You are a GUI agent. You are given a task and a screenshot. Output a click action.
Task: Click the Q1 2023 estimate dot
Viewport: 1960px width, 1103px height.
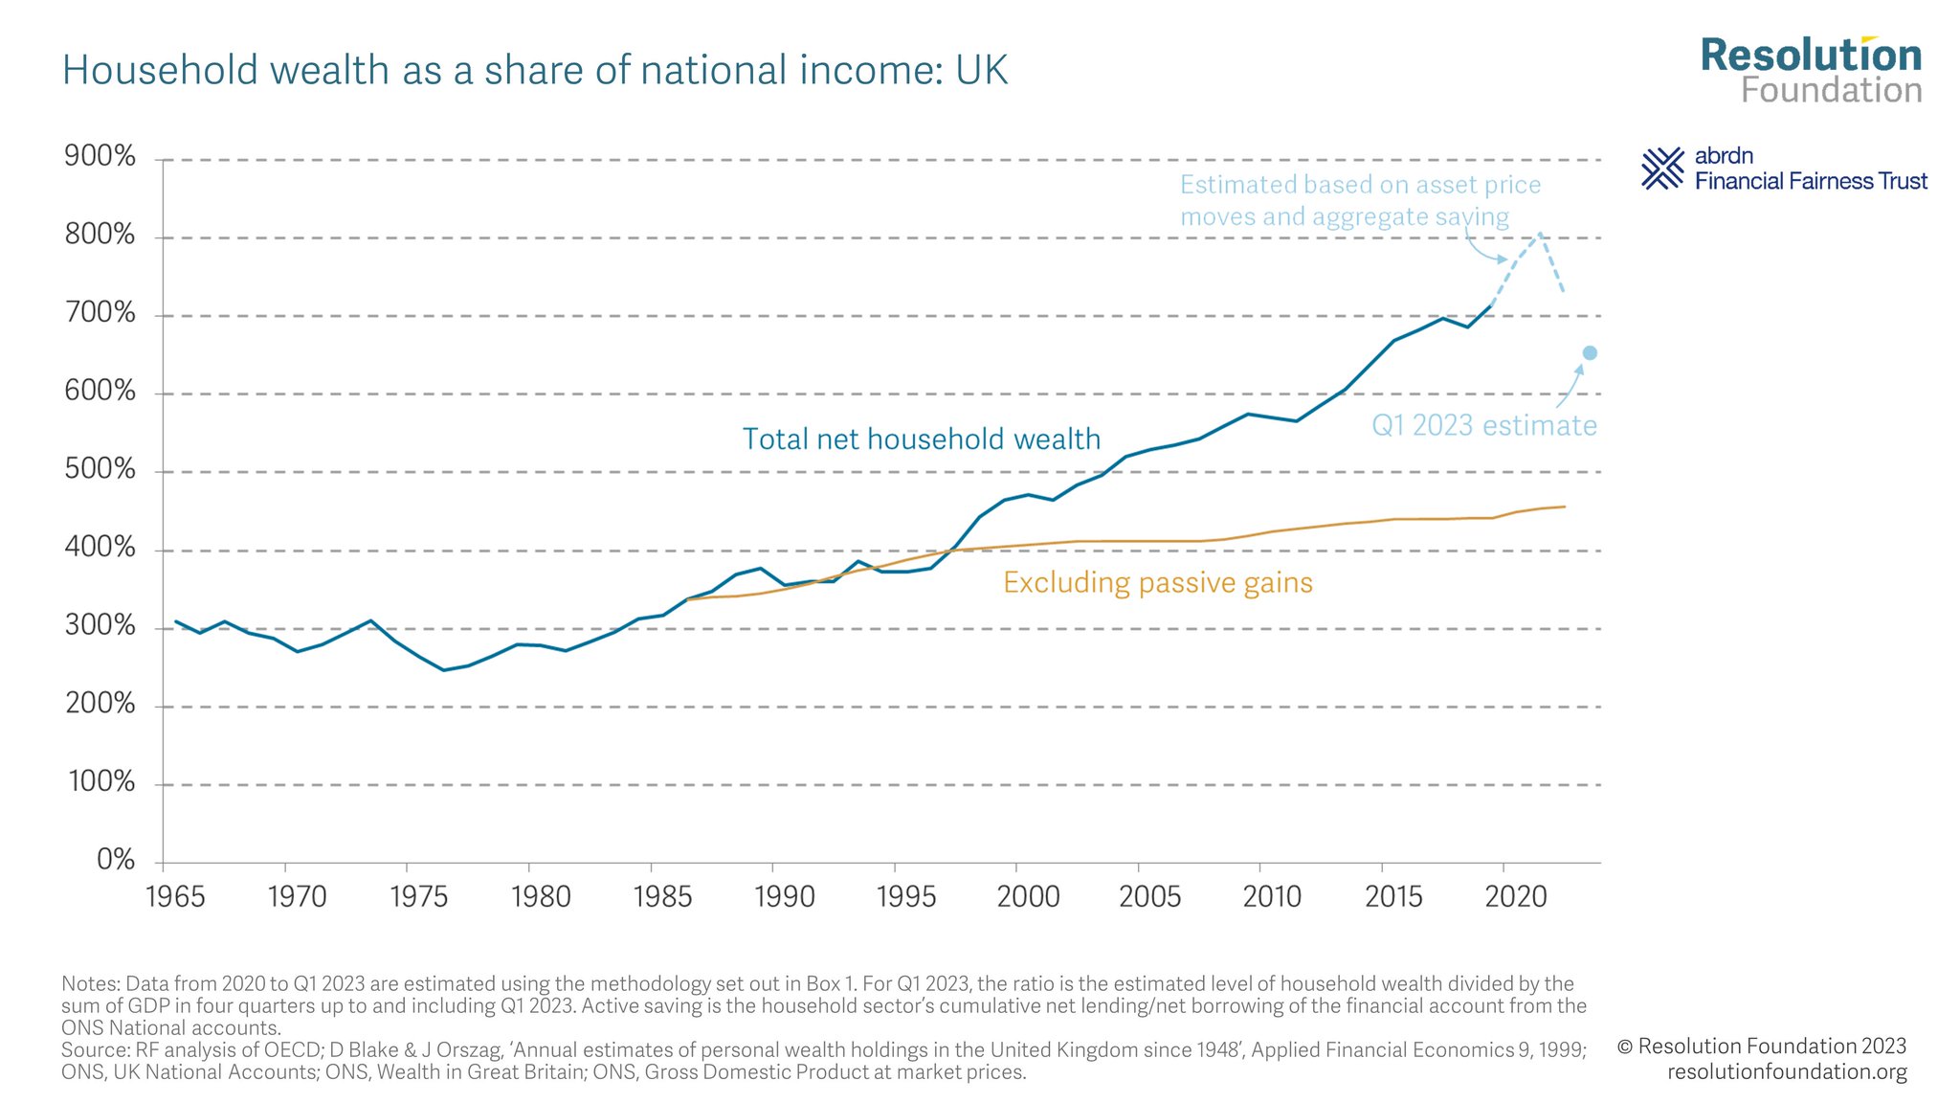1590,353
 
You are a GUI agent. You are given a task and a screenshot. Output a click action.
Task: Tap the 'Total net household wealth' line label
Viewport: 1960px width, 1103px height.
921,439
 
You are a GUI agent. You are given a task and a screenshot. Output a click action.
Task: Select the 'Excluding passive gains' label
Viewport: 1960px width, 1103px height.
1157,583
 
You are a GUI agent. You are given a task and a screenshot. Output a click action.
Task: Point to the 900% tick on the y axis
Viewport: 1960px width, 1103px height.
100,156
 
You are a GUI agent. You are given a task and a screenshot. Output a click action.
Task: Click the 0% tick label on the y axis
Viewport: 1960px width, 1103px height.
116,860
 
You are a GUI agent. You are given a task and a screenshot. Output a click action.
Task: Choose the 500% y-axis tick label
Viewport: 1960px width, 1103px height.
100,469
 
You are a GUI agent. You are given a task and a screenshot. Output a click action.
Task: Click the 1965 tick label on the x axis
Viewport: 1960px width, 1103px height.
175,897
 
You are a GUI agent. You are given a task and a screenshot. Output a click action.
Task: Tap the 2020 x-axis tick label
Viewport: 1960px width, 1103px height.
1515,897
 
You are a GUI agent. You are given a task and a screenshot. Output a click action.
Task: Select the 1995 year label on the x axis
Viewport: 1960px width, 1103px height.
905,897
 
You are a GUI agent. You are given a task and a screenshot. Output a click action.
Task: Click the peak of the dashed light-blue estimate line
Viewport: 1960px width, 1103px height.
1539,233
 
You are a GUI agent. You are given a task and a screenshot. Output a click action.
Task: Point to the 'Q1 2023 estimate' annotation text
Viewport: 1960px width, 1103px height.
1483,425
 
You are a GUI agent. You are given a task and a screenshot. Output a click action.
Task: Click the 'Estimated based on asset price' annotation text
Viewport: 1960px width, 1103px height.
1360,185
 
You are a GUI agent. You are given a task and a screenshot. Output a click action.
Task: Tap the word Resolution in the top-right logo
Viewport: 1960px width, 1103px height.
1811,56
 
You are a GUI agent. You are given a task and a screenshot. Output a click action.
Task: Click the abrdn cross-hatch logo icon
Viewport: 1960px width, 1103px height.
1662,169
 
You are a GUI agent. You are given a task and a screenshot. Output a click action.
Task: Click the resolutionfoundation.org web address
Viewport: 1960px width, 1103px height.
1787,1072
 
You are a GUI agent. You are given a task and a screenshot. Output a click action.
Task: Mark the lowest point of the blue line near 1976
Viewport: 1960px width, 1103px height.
443,670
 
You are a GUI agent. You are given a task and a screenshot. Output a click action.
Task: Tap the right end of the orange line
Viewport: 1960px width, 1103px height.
1564,506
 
